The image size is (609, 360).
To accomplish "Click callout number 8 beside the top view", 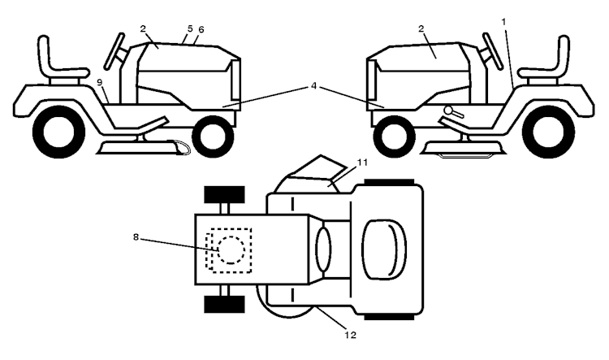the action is tap(136, 236).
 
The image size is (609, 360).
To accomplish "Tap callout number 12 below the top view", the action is tap(350, 335).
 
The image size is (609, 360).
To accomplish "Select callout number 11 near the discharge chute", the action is tap(362, 162).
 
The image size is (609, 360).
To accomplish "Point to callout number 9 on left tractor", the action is tap(99, 82).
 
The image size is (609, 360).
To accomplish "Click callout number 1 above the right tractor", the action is tap(503, 22).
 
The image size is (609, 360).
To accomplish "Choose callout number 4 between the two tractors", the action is tap(313, 85).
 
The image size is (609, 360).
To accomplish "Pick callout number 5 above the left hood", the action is tap(190, 28).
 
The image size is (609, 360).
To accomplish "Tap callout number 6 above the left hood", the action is tap(201, 29).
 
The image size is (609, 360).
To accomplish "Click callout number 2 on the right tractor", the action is tap(421, 28).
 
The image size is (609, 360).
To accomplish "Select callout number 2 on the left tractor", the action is tap(143, 28).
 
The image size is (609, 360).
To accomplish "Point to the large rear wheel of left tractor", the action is tap(58, 132).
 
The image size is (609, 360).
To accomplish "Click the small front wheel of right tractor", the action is tap(394, 137).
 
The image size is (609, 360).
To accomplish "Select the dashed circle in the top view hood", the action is tap(231, 250).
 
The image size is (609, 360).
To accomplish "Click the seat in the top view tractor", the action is tap(384, 249).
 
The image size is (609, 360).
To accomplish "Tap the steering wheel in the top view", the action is tap(323, 249).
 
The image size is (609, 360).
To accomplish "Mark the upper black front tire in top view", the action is tap(224, 195).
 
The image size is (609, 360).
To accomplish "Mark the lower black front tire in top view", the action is tap(224, 304).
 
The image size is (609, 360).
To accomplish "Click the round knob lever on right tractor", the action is tap(453, 112).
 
